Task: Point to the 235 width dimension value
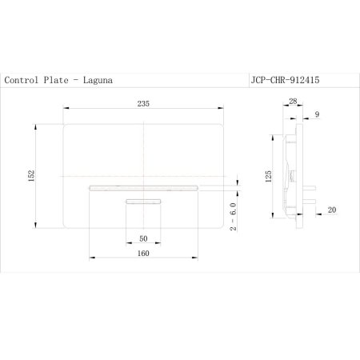click(x=144, y=104)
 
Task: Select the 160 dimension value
click(x=144, y=255)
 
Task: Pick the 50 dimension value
click(x=144, y=238)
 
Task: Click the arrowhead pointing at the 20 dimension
click(x=318, y=214)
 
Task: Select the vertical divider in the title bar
click(x=246, y=80)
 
